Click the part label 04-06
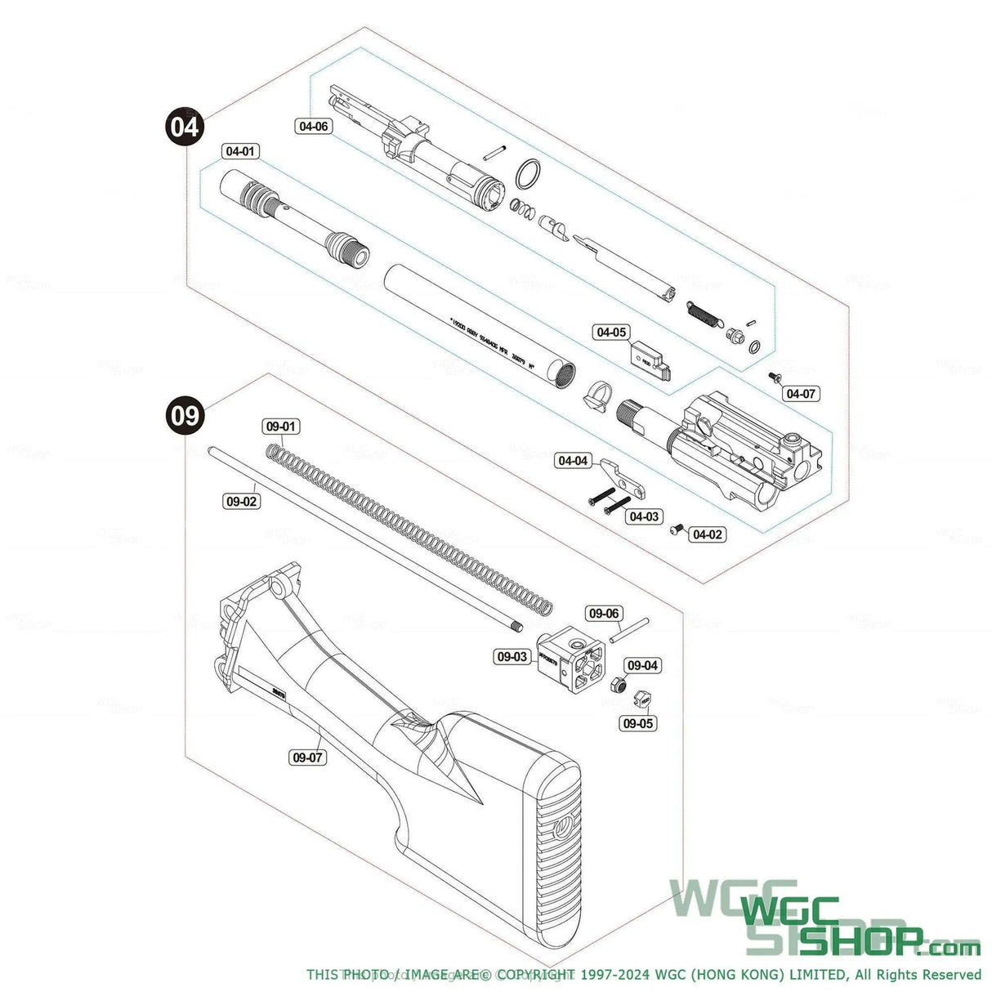click(314, 126)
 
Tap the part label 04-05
click(611, 332)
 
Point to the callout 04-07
click(801, 393)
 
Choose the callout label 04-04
click(573, 461)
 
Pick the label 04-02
click(707, 534)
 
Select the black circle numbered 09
click(185, 416)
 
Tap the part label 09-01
click(280, 427)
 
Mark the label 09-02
click(241, 501)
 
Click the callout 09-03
click(512, 656)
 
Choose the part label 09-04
click(643, 665)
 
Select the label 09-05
click(638, 723)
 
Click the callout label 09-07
click(307, 757)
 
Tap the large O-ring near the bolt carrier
click(530, 174)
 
